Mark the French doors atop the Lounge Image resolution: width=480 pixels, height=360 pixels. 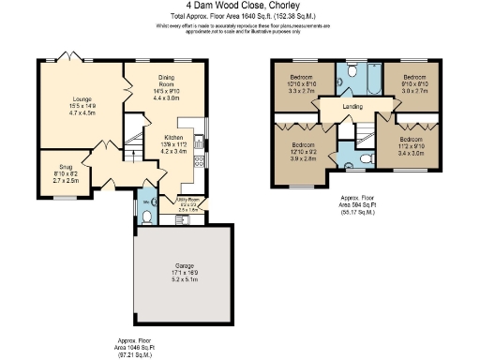[70, 58]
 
